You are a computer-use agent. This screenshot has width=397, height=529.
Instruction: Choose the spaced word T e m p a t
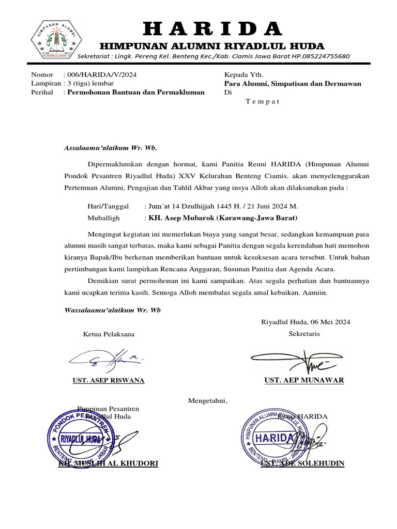262,101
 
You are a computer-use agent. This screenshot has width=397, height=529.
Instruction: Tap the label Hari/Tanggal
108,206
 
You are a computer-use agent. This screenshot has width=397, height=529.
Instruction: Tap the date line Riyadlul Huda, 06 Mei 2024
306,322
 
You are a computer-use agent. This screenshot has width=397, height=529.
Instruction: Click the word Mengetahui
207,400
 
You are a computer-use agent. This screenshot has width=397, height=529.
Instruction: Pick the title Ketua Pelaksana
109,334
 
